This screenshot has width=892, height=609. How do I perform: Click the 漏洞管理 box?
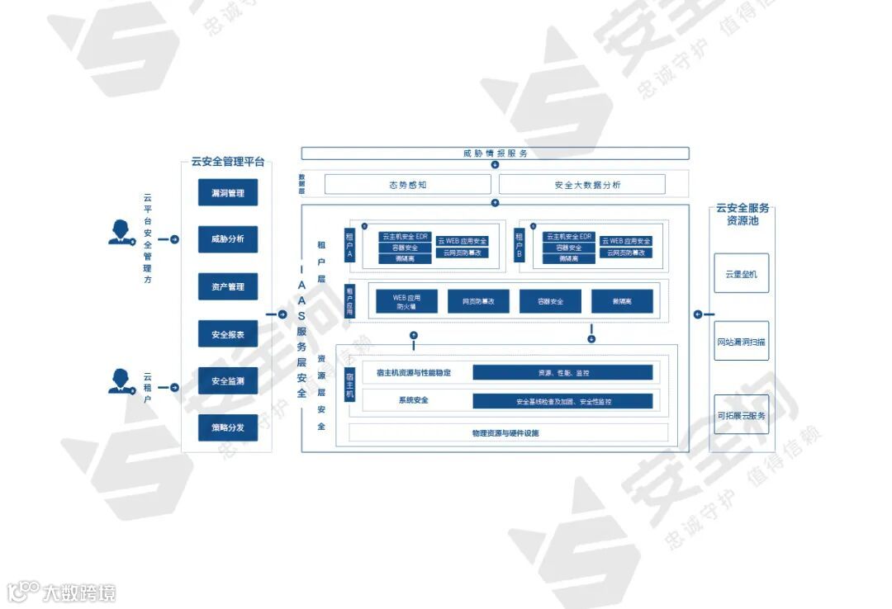(228, 192)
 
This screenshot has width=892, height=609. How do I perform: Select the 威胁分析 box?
(228, 239)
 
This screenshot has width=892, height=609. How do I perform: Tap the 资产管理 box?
(228, 286)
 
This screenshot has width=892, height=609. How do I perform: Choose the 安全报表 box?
(228, 334)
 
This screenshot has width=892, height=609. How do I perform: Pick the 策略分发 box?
(228, 428)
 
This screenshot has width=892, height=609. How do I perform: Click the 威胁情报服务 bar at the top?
(495, 153)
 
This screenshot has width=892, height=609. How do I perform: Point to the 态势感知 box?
(407, 185)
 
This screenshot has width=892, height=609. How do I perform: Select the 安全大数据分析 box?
(581, 185)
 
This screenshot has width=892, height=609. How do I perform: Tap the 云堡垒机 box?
(741, 273)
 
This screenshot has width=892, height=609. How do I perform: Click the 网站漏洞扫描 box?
(741, 341)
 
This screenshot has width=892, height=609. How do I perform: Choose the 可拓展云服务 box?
(741, 415)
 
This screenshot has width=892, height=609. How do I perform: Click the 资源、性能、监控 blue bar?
(562, 373)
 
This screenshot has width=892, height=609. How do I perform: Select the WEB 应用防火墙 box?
(406, 301)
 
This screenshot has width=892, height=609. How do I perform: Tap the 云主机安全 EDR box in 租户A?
(405, 237)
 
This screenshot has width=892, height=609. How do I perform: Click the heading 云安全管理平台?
(227, 162)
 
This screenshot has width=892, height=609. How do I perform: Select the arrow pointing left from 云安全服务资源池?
(700, 314)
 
